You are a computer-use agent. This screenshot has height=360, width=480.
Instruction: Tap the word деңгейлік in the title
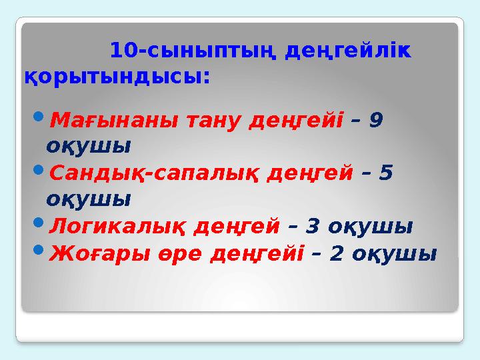(x=347, y=51)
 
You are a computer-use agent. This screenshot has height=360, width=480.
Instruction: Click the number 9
(x=375, y=120)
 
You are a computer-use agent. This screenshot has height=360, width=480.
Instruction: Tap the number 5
(x=385, y=173)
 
